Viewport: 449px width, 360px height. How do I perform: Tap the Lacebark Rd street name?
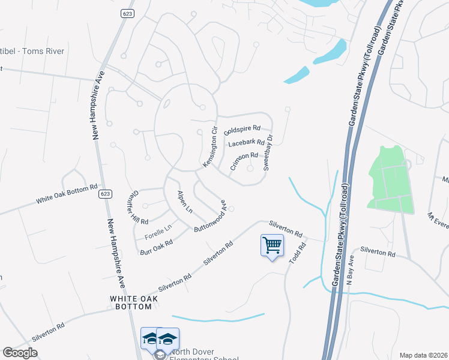coord(246,143)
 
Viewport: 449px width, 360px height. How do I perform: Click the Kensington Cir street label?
coord(209,148)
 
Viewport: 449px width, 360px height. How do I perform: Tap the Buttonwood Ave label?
coord(209,216)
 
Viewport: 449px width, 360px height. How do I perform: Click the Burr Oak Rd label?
coord(156,247)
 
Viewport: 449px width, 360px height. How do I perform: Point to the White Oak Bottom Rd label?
coord(66,194)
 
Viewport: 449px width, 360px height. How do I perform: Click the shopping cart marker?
coord(272,245)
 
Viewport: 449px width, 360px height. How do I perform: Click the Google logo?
coord(20,353)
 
